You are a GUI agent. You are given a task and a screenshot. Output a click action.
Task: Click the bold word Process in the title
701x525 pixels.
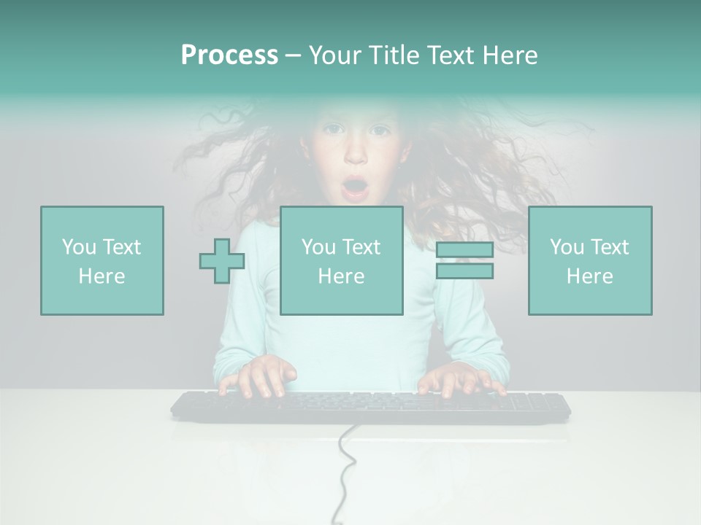[x=229, y=55]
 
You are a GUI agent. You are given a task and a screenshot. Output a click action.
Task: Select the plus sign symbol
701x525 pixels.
[x=222, y=261]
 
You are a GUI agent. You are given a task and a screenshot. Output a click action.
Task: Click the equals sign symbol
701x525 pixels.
[x=464, y=260]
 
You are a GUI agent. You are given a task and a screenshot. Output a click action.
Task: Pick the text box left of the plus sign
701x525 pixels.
[x=102, y=260]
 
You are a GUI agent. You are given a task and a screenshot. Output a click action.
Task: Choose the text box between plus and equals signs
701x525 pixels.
[x=341, y=260]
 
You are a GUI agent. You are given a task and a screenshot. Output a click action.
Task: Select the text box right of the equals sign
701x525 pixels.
[x=589, y=260]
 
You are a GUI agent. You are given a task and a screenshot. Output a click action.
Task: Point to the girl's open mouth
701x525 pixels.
[x=356, y=188]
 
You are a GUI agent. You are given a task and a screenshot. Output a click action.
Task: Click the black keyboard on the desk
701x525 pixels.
[x=370, y=407]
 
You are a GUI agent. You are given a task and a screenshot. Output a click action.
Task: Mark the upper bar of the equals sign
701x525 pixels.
[x=464, y=251]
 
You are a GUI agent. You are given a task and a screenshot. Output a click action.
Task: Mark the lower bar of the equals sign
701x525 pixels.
[x=464, y=271]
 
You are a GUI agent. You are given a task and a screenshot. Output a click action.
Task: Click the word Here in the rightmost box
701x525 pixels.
[x=589, y=276]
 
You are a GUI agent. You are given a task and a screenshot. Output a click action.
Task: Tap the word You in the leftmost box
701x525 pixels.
[x=78, y=247]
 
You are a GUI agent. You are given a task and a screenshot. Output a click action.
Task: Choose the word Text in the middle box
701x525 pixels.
[x=361, y=247]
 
